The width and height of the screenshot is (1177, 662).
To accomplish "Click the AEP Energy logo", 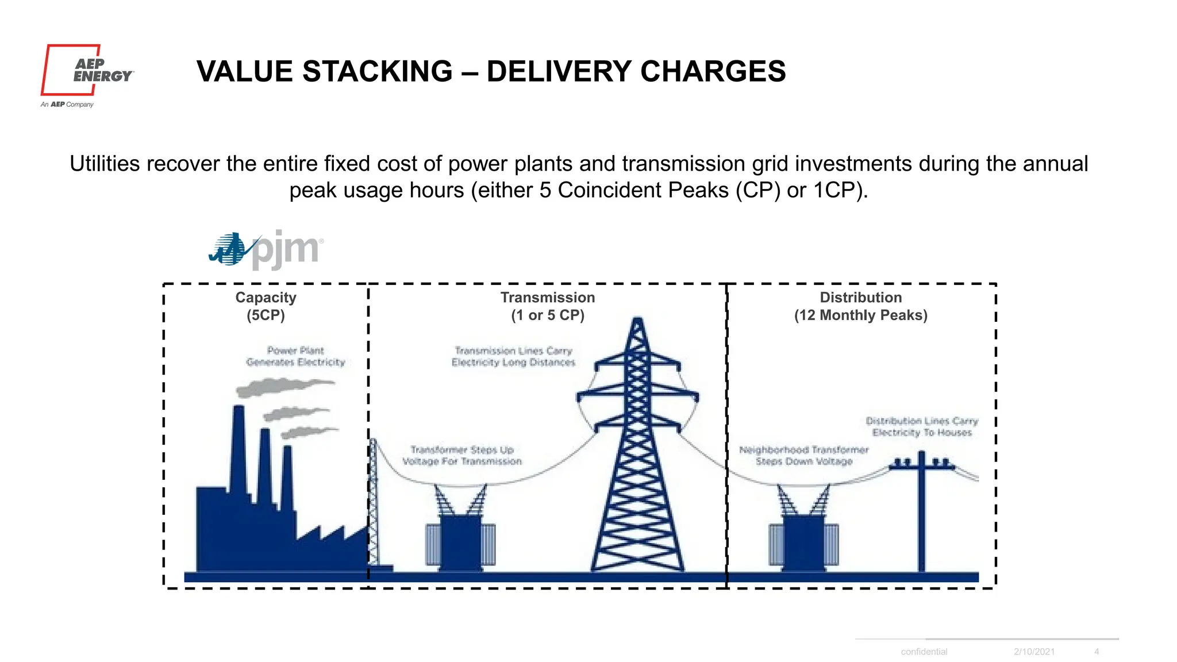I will click(x=86, y=71).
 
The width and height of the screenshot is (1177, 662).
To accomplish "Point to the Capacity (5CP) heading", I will click(x=266, y=306).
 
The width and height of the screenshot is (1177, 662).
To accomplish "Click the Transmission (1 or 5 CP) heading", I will click(x=548, y=306).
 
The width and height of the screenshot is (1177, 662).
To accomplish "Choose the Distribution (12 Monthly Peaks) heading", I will click(x=860, y=306).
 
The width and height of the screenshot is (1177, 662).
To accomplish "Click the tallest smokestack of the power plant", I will click(x=238, y=448).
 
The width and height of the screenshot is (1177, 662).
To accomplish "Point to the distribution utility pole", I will click(x=922, y=511).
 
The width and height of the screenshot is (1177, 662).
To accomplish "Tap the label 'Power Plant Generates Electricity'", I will click(x=295, y=356).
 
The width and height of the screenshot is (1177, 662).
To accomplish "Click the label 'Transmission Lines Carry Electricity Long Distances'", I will click(x=513, y=356).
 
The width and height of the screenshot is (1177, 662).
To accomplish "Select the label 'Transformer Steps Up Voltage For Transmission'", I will click(x=462, y=456).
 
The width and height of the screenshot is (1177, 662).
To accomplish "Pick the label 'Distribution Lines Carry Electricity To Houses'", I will click(x=922, y=427).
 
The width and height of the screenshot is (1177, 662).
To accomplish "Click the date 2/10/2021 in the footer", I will click(x=1034, y=652).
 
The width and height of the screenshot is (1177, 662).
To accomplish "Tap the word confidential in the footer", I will click(x=924, y=652).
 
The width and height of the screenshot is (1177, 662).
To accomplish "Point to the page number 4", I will click(x=1097, y=652).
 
